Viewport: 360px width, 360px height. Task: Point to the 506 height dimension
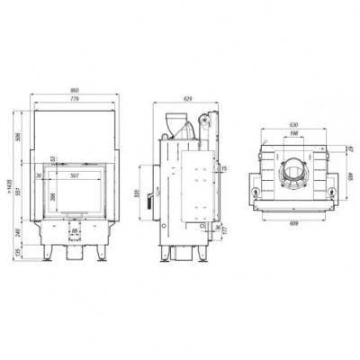[20, 137]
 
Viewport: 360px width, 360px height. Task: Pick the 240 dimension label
[20, 233]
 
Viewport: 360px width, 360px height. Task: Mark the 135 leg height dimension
[20, 254]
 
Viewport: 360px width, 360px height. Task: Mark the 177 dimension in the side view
[225, 232]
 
